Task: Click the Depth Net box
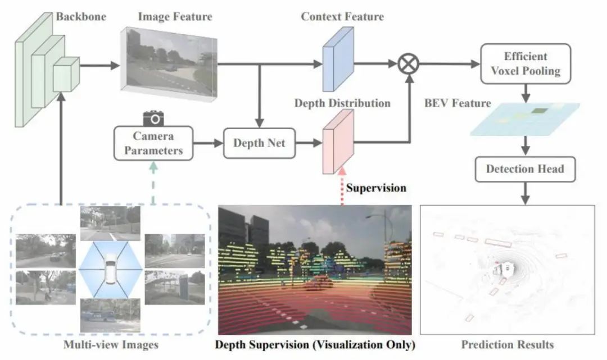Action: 259,143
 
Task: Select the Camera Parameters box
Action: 153,143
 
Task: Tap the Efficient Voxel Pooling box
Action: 526,64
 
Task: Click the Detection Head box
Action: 525,169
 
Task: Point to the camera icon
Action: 153,119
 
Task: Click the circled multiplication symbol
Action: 409,64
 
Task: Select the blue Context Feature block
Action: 338,59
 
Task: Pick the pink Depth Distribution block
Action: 338,142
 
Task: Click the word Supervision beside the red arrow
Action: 376,188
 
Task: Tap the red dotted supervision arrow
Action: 342,186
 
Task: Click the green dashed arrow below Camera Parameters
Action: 153,183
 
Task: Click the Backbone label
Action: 81,17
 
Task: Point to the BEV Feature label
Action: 457,103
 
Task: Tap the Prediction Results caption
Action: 508,344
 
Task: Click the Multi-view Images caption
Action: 111,344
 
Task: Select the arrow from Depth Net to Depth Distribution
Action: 309,143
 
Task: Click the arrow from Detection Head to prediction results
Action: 525,193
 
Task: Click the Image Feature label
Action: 175,17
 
